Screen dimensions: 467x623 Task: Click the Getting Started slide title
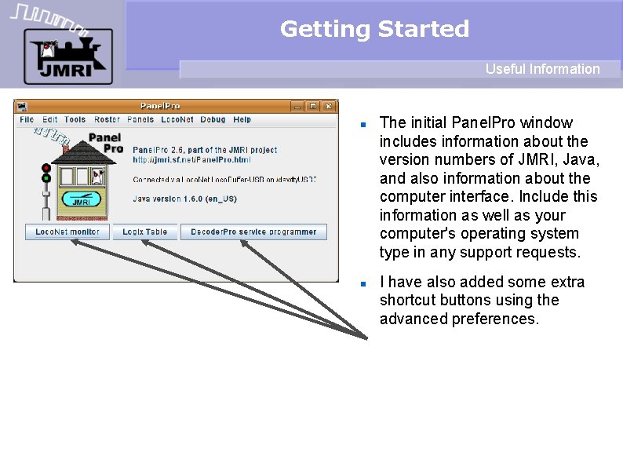(x=374, y=29)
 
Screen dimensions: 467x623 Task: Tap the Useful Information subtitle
(x=542, y=69)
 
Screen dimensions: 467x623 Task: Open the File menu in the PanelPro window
(x=27, y=120)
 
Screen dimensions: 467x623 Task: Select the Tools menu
(x=75, y=120)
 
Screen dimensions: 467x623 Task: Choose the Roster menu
(x=107, y=120)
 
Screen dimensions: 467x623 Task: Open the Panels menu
(x=140, y=120)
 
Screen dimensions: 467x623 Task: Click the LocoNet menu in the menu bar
(x=177, y=120)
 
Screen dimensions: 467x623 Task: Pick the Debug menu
(x=213, y=120)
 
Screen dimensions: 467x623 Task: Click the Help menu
(x=242, y=120)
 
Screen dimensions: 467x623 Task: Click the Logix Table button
(x=145, y=232)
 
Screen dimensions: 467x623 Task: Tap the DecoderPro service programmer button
(x=253, y=232)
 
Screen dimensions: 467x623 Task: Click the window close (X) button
(x=329, y=106)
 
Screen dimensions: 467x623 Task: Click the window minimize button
(x=297, y=106)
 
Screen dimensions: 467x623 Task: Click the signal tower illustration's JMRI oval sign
(x=81, y=200)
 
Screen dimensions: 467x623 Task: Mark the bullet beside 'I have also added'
(x=363, y=283)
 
